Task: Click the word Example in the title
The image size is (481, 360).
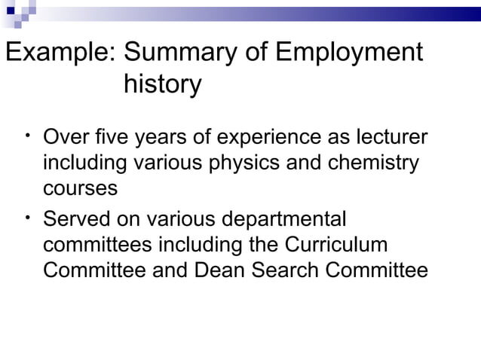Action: pyautogui.click(x=60, y=53)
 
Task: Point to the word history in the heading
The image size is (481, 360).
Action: pyautogui.click(x=161, y=84)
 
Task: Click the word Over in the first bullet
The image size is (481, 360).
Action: pyautogui.click(x=66, y=140)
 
